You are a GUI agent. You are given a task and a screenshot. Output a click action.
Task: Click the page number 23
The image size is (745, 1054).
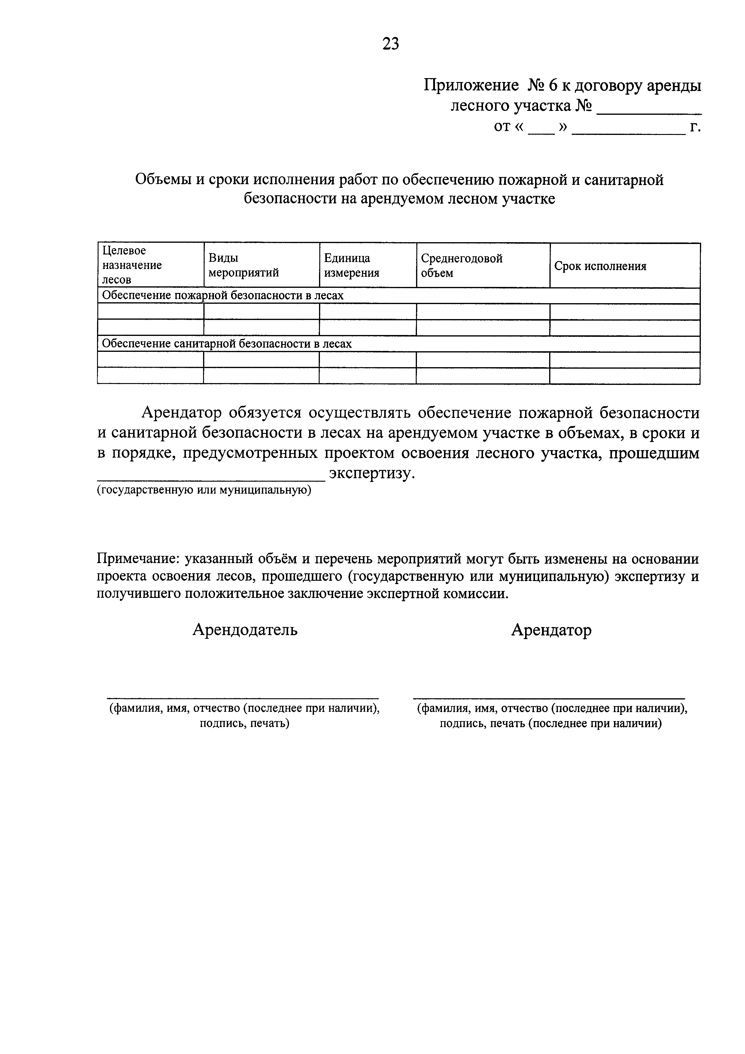click(x=390, y=44)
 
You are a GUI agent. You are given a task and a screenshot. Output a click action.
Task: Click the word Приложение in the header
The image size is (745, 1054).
click(x=470, y=86)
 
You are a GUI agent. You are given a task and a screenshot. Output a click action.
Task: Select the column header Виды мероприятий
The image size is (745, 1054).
click(x=243, y=265)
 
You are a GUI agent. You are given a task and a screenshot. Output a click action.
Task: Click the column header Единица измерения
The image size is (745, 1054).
click(x=351, y=265)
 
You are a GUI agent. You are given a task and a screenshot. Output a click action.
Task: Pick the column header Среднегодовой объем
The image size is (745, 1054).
click(x=461, y=265)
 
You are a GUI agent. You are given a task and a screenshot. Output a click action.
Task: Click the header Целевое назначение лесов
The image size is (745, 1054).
click(x=132, y=265)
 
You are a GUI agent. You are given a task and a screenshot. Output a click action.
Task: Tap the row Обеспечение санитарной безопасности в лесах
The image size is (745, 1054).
click(x=227, y=344)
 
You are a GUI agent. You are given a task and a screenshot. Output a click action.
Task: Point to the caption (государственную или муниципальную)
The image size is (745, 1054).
click(x=204, y=490)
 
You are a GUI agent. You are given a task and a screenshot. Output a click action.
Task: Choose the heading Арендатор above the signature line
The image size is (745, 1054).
click(x=551, y=630)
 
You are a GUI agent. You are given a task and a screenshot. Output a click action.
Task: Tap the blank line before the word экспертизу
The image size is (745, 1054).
click(x=211, y=479)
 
